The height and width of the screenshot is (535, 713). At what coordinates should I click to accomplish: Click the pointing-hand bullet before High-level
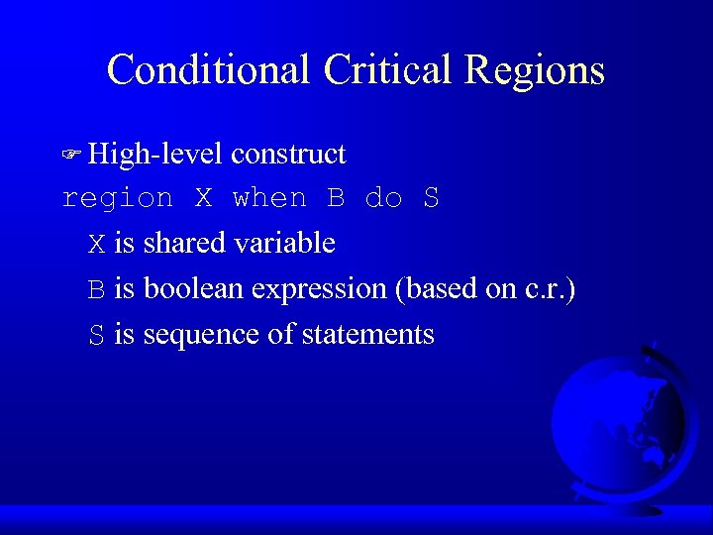(x=71, y=155)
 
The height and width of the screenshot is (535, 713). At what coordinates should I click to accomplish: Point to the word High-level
(x=155, y=155)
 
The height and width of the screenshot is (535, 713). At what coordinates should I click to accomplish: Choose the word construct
(x=288, y=155)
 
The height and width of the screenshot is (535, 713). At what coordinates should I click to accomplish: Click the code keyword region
(x=117, y=199)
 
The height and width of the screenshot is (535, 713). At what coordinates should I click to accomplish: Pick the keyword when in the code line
(x=269, y=198)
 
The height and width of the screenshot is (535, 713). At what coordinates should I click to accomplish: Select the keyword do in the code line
(x=383, y=198)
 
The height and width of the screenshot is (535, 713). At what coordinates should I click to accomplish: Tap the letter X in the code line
(x=203, y=198)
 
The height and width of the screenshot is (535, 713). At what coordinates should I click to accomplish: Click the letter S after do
(x=431, y=198)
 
